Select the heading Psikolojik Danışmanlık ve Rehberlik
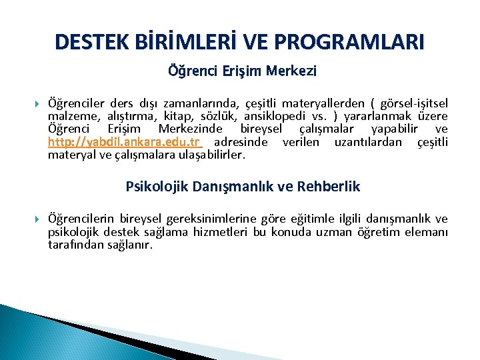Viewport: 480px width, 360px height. click(243, 187)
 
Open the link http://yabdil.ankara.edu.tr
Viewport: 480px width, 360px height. click(125, 142)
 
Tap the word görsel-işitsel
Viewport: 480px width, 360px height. click(413, 103)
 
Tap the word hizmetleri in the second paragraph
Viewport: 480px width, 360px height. click(222, 231)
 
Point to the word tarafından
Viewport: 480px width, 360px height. click(75, 245)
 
